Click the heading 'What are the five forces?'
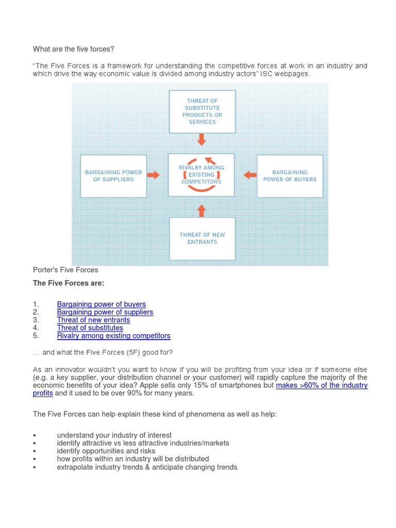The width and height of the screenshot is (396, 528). pos(73,49)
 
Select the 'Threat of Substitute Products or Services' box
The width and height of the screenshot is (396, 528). pos(202,111)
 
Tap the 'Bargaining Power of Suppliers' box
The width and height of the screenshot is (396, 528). pos(113,176)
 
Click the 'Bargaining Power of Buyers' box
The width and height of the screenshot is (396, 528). pos(290,176)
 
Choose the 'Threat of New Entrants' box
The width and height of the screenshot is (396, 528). pos(202,238)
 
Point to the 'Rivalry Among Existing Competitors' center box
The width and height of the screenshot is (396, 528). pos(202,175)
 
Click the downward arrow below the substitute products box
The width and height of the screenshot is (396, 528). pos(202,139)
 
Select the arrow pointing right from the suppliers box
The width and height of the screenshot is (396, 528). pos(154,175)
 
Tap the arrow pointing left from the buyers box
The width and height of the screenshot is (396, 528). pos(250,175)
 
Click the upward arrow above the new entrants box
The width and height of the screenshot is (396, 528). pos(202,210)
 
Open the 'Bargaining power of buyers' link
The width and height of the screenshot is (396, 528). pos(101,304)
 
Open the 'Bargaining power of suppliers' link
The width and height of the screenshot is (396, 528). pos(105,312)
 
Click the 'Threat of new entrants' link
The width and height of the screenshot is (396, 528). pos(93,320)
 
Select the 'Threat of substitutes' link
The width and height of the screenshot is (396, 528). pos(90,327)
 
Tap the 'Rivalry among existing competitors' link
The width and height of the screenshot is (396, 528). pos(113,336)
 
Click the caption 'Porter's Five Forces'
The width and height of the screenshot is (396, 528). pos(65,270)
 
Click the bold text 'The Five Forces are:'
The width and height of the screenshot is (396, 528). pos(69,283)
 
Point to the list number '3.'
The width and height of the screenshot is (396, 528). pos(36,320)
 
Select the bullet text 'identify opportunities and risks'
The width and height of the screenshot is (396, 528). pos(106,451)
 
